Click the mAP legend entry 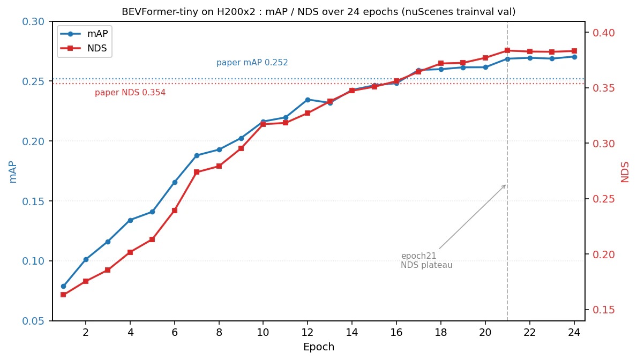coord(84,34)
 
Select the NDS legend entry coord(84,48)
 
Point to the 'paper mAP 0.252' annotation coord(252,63)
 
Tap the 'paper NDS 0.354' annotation coord(130,93)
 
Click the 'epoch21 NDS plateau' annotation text coord(426,260)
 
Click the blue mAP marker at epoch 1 coord(63,287)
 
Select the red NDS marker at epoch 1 coord(63,295)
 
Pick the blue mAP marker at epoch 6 coord(175,183)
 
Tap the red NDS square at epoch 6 coord(175,211)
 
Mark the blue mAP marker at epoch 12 coord(308,100)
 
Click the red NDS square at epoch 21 coord(507,50)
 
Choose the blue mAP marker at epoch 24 coord(574,57)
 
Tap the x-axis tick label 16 coord(396,332)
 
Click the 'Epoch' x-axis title coord(319,347)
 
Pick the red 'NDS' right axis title coord(625,171)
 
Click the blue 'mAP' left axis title coord(13,171)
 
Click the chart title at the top coord(319,11)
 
